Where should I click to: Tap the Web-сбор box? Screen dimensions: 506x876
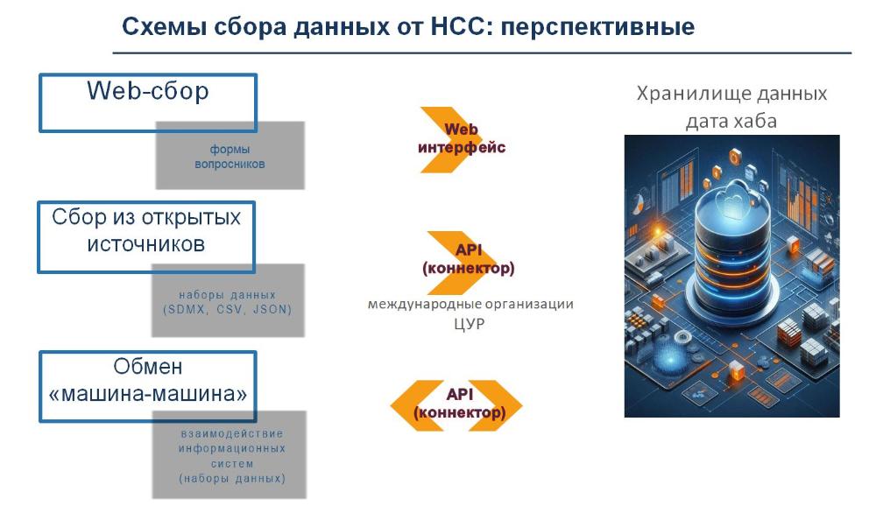(147, 102)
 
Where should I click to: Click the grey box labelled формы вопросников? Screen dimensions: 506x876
(230, 156)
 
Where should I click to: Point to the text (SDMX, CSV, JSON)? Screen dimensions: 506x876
(227, 310)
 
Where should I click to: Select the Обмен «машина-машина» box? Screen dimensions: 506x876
(147, 383)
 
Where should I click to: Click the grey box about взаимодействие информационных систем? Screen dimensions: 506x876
(231, 455)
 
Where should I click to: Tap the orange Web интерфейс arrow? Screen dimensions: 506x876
(460, 138)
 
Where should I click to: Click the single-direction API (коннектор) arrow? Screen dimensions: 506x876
(467, 259)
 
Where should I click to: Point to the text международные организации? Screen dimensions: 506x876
(470, 305)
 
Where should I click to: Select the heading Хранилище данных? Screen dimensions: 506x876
(731, 94)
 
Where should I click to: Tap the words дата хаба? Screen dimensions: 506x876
(731, 121)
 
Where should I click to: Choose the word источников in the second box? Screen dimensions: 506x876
(145, 244)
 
